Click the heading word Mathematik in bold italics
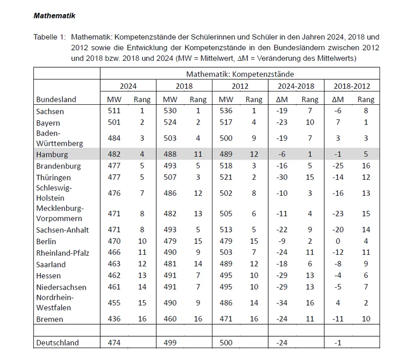point(54,16)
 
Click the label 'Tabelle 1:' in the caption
point(50,37)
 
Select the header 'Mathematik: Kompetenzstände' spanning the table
point(239,74)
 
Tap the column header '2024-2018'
point(296,86)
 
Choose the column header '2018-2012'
point(352,86)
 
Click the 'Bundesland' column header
point(56,99)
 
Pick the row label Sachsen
point(50,111)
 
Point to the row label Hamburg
point(52,155)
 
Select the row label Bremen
point(49,319)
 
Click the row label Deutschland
point(57,343)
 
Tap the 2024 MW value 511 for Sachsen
point(114,111)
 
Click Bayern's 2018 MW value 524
point(170,122)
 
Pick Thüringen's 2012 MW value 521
point(226,177)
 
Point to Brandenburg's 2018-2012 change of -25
point(338,166)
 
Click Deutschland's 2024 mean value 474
point(114,343)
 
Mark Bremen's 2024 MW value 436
point(114,319)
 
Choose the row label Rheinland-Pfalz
point(63,253)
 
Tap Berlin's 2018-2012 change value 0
point(338,241)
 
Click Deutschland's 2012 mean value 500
point(226,343)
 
